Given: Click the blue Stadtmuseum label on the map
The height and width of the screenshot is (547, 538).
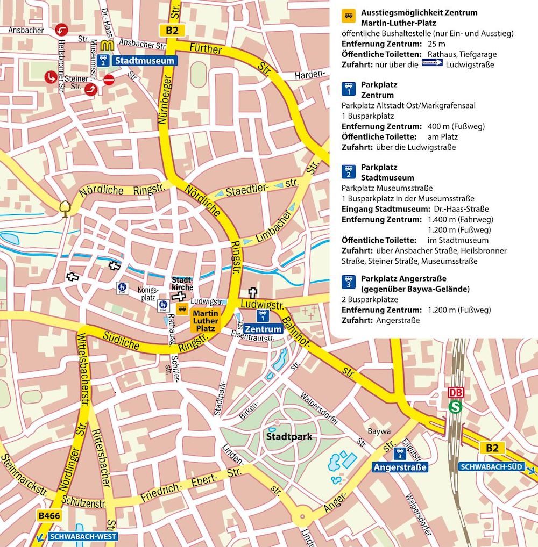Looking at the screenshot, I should click(x=145, y=60).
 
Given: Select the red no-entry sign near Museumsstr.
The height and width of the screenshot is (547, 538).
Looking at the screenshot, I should click(x=109, y=80).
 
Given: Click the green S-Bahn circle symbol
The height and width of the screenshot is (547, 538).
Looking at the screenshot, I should click(x=455, y=407).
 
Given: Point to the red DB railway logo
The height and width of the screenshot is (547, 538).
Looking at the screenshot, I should click(x=456, y=393).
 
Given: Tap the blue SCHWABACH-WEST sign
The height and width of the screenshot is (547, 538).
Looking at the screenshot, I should click(x=82, y=536).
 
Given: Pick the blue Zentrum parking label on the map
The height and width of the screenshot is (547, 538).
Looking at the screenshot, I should click(x=263, y=329).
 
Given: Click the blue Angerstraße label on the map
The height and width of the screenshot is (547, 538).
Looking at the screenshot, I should click(x=400, y=467).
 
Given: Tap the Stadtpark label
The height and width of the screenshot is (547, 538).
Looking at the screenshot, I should click(x=289, y=437).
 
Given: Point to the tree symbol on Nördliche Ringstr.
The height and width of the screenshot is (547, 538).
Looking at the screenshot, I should click(x=66, y=207).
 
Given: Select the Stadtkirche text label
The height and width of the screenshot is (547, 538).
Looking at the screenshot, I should click(x=182, y=284).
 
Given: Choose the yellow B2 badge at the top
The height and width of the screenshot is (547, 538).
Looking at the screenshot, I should click(x=172, y=30).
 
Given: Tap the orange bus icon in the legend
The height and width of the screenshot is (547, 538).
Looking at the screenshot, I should click(x=349, y=15).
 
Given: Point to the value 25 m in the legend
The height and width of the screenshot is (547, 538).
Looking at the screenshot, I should click(x=437, y=44).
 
